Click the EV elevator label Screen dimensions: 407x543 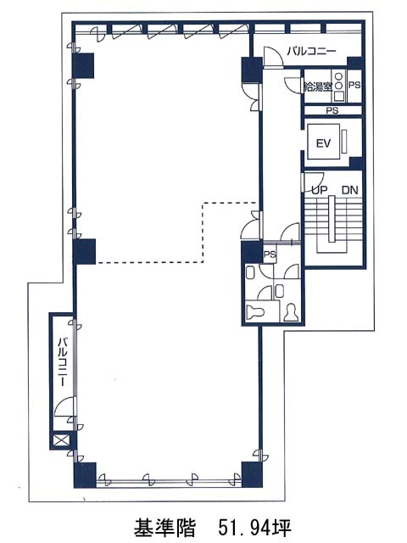[323, 143]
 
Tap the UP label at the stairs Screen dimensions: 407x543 [319, 190]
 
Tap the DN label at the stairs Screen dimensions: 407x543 [349, 190]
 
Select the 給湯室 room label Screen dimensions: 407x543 [318, 87]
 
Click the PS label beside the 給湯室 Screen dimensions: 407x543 [354, 85]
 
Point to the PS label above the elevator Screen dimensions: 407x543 [332, 111]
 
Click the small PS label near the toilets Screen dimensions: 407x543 [270, 255]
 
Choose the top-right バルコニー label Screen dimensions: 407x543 [311, 51]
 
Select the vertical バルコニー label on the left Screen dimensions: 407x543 [62, 362]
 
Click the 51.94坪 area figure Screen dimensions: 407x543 [254, 527]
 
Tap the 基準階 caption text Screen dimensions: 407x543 [164, 527]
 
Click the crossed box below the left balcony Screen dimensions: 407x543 [61, 440]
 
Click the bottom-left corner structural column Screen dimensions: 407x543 [85, 475]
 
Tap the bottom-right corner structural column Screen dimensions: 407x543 [252, 474]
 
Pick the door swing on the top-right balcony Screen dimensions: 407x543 [273, 57]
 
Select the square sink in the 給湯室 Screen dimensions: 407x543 [339, 96]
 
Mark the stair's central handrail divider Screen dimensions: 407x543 [332, 219]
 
